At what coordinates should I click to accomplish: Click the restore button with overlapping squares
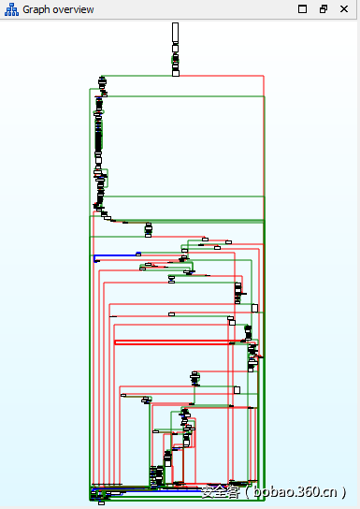[324, 8]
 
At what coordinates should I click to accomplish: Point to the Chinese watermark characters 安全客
[218, 491]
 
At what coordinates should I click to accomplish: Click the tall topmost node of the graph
[175, 33]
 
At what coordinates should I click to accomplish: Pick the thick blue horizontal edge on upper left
[116, 254]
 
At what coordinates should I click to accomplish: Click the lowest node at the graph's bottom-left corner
[101, 502]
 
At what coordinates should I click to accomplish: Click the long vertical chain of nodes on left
[98, 140]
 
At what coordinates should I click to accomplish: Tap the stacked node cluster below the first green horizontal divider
[148, 230]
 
